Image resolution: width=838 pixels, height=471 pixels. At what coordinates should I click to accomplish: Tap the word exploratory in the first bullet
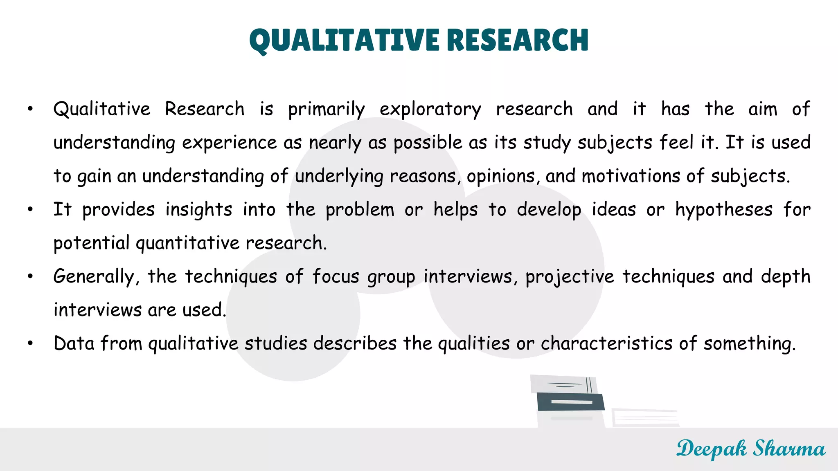point(430,110)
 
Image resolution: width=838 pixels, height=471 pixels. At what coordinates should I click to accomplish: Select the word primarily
point(326,110)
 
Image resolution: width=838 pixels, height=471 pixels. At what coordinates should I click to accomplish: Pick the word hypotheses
point(724,210)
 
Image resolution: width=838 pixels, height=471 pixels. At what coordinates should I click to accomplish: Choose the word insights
point(199,210)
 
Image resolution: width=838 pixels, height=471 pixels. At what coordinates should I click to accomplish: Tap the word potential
point(91,243)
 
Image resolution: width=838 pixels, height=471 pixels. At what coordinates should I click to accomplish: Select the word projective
point(570,277)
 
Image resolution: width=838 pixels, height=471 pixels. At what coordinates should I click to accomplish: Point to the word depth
point(786,277)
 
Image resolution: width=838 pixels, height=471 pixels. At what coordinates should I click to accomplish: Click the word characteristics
point(606,343)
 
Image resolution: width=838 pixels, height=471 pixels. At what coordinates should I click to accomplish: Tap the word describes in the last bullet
point(355,343)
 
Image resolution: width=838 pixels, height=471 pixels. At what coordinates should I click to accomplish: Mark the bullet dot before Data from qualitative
point(30,343)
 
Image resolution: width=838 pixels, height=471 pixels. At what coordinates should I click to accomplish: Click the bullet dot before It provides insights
point(30,210)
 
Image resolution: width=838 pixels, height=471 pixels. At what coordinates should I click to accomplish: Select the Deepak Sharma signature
point(750,449)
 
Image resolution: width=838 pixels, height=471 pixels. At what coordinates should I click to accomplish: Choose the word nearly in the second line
point(335,143)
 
